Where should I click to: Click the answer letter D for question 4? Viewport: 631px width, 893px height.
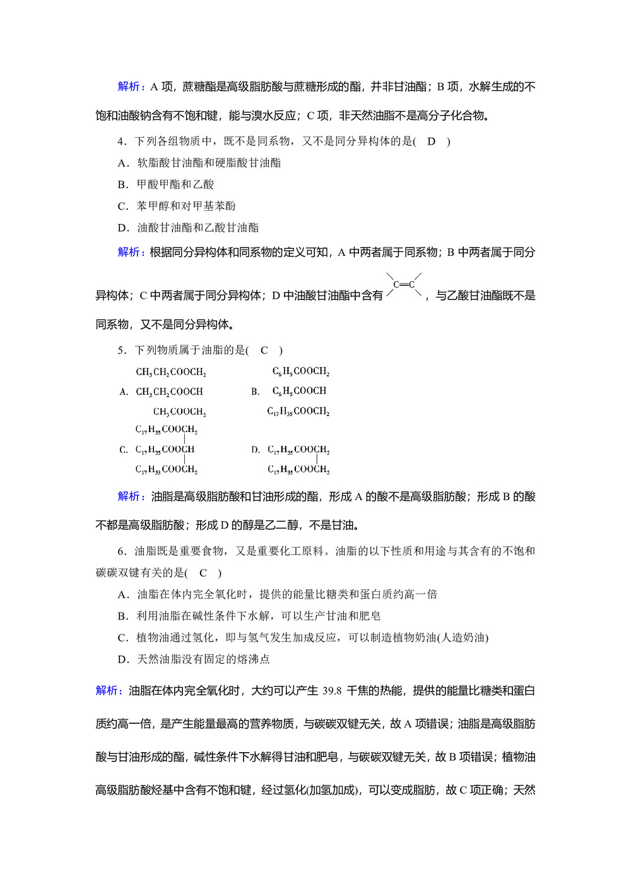coord(432,141)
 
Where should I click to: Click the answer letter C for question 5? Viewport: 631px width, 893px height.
coord(264,350)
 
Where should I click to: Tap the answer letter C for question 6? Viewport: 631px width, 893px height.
coord(203,573)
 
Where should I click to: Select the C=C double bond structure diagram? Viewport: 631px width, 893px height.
coord(404,285)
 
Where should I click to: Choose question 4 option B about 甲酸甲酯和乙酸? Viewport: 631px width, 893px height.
coord(166,184)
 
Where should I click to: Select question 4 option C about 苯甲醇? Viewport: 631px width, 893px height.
coord(177,206)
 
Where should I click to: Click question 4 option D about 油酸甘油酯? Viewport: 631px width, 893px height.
coord(188,227)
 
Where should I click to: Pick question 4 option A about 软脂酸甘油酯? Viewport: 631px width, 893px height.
coord(199,163)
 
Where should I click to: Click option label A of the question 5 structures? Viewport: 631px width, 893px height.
coord(124,392)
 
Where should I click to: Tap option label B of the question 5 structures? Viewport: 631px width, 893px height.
coord(255,392)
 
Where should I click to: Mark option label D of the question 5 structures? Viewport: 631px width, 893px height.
coord(255,450)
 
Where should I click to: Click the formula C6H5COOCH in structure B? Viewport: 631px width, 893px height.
coord(299,391)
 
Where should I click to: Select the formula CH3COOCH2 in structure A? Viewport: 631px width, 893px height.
coord(179,412)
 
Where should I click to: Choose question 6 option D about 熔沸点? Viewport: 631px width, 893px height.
coord(194,659)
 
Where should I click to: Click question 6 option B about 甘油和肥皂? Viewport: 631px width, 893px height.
coord(249,616)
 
